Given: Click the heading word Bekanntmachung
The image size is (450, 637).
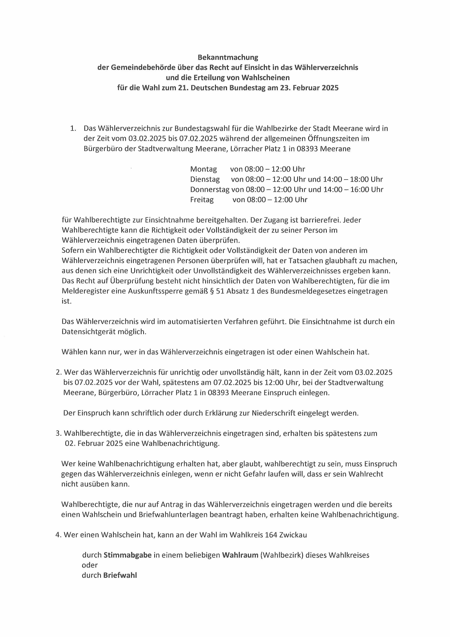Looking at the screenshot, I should (228, 57).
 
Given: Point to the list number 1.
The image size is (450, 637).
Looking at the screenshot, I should (73, 128).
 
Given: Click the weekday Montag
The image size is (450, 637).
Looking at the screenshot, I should (203, 169).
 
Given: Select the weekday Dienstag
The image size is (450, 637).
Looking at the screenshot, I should (205, 179).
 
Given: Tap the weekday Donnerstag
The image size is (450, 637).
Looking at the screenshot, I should (210, 190).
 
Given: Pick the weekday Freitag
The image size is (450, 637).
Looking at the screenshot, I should (202, 200).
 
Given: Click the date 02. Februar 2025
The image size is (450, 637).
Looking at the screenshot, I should (94, 444).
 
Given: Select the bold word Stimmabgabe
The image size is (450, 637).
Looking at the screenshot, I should (128, 556).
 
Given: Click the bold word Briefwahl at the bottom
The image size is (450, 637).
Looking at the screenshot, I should (120, 576).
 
